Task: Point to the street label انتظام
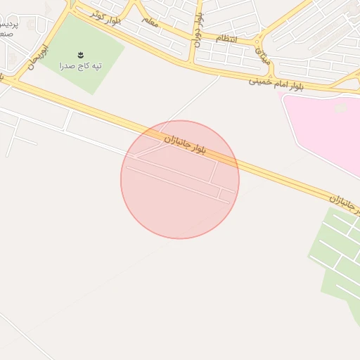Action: tap(226, 38)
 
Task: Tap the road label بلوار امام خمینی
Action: tap(280, 82)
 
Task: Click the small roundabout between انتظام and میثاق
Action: tap(259, 41)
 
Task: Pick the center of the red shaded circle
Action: tap(180, 179)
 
